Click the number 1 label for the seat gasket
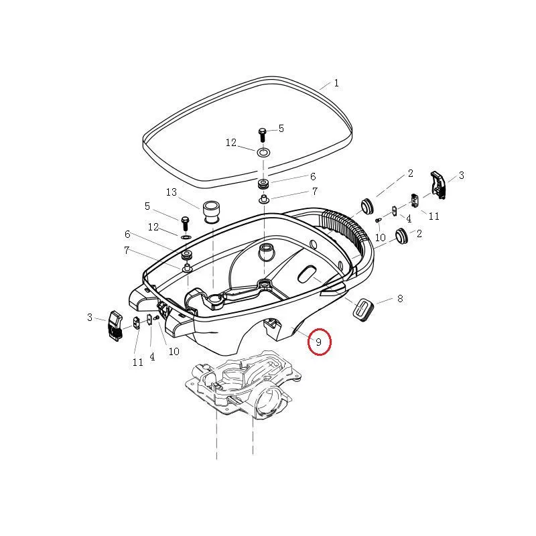click(x=336, y=84)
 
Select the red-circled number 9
click(x=319, y=342)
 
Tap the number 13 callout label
click(x=172, y=192)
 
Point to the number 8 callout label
click(x=400, y=299)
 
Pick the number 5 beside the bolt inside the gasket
click(x=281, y=128)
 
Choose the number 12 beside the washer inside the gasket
click(x=231, y=143)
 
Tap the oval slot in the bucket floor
click(x=308, y=273)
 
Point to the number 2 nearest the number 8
click(x=419, y=234)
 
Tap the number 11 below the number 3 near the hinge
click(x=434, y=216)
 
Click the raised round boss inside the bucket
click(x=266, y=252)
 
